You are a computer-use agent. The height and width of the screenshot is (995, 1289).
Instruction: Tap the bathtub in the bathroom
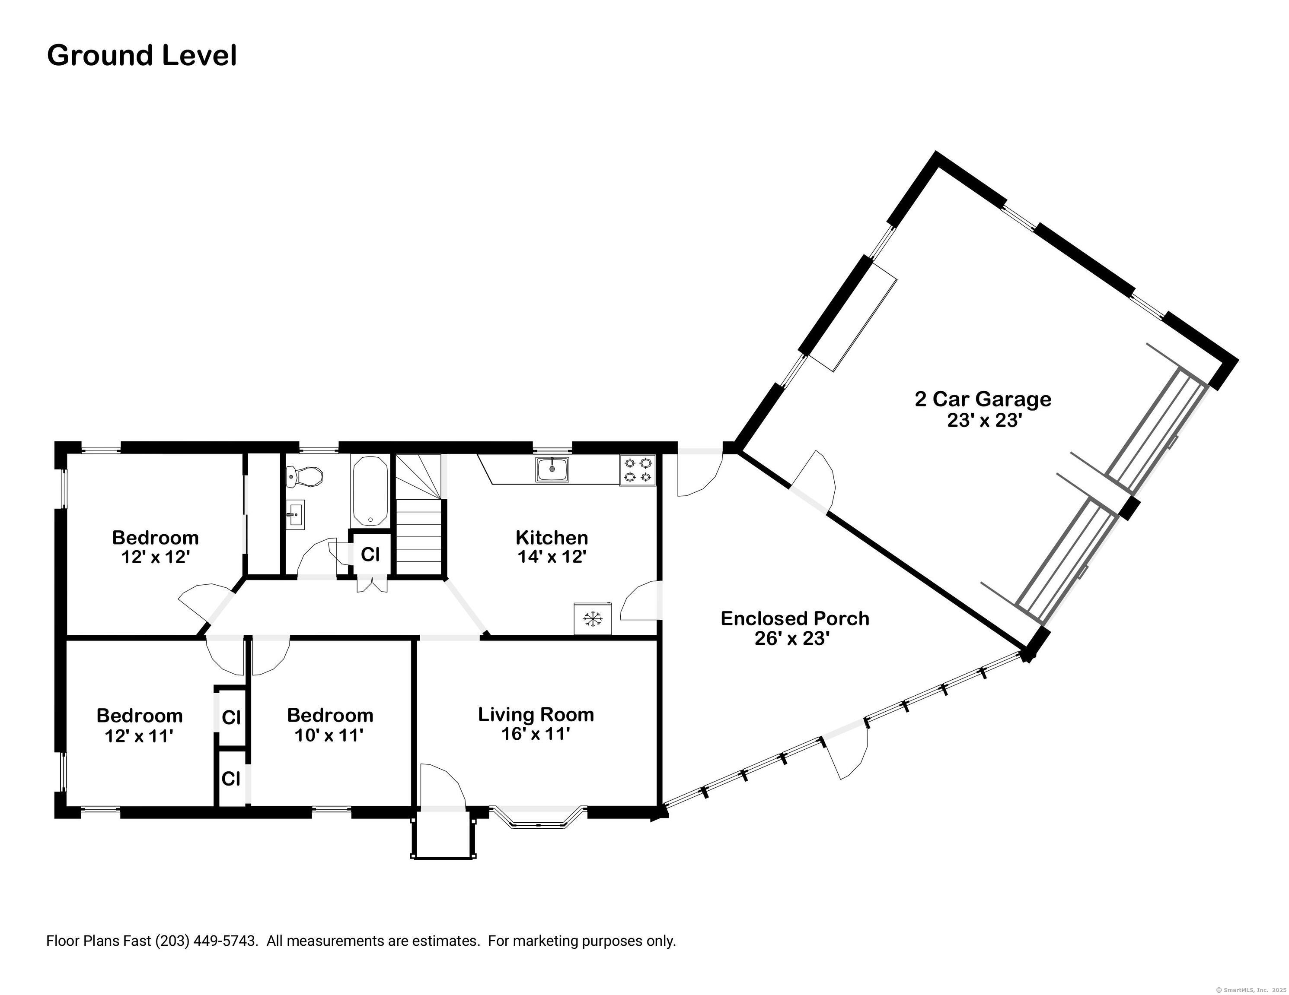[x=370, y=491]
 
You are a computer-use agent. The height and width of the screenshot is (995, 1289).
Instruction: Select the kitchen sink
[x=552, y=469]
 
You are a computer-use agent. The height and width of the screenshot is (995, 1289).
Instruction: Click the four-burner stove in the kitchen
[x=638, y=470]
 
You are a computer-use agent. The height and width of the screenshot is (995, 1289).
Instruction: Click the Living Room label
[x=536, y=714]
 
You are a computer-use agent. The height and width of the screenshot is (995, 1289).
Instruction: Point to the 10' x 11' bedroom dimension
[x=329, y=735]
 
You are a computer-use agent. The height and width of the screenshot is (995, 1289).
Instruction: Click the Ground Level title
[x=142, y=55]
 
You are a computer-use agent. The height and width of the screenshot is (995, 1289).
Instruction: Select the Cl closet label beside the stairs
[x=370, y=555]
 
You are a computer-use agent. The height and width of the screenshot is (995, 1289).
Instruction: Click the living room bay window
[x=538, y=818]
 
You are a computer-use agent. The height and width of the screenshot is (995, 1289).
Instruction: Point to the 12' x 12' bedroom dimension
[x=155, y=557]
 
